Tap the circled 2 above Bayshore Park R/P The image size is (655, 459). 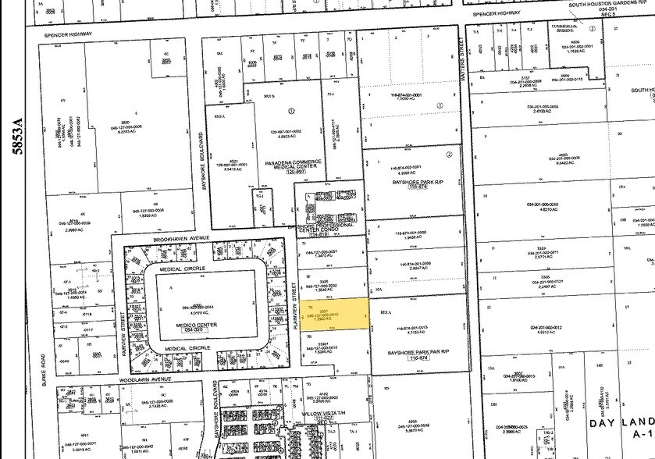(x=449, y=155)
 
